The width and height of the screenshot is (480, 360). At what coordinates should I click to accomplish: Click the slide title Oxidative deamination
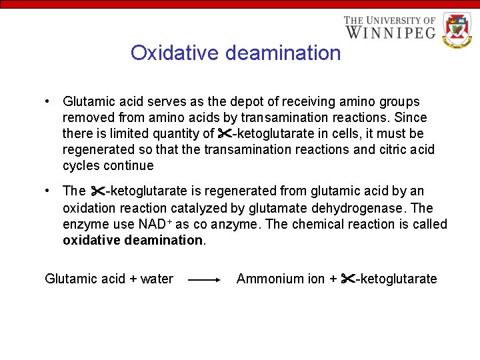pos(235,53)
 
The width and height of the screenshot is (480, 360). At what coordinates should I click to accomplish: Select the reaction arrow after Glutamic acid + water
pos(204,281)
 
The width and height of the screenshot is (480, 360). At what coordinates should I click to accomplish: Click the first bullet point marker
pos(48,101)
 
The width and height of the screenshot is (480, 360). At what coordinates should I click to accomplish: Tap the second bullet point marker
pos(48,191)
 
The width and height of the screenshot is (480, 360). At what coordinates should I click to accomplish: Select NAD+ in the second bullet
pos(154,224)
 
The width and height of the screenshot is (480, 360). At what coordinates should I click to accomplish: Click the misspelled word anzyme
pos(231,225)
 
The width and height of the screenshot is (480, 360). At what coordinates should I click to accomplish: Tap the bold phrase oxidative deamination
pos(133,240)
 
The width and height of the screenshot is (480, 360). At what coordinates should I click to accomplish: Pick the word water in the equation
pos(157,279)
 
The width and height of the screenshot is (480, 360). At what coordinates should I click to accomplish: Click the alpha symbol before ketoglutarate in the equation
pos(347,279)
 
